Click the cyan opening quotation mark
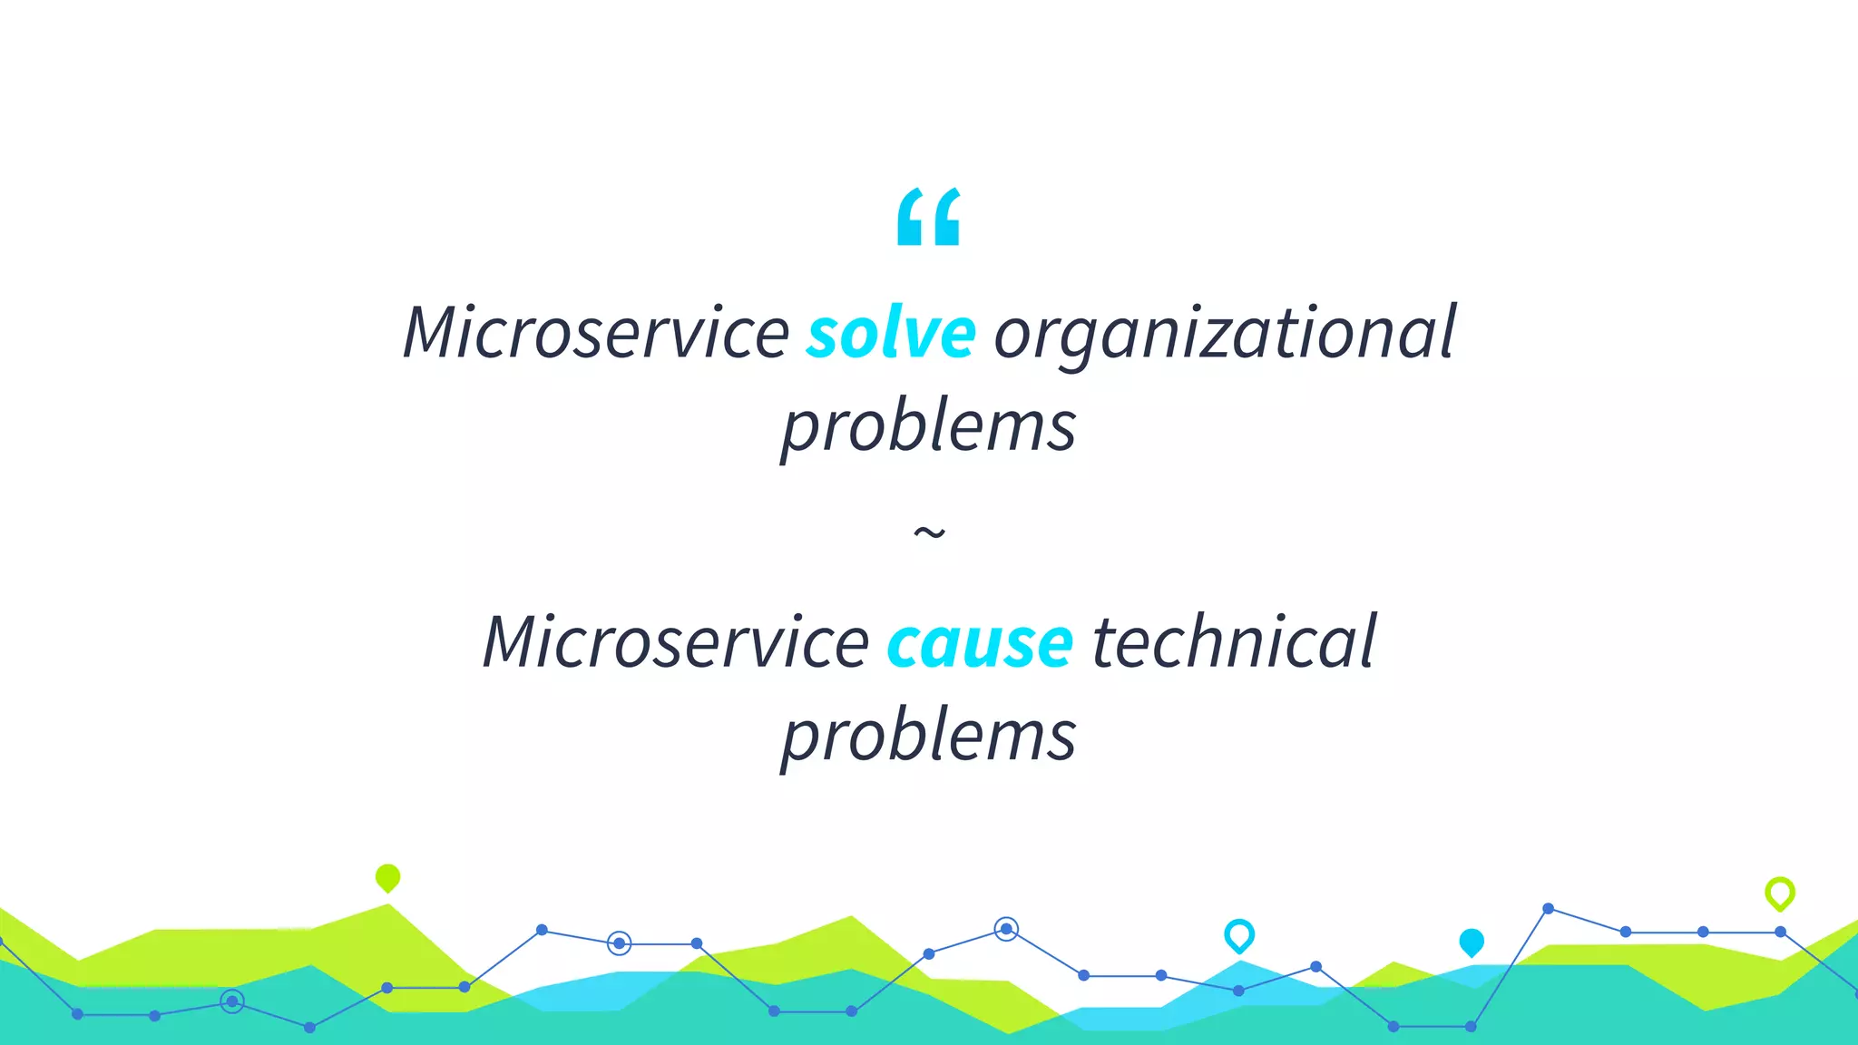click(x=928, y=218)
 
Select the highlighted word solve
click(x=891, y=333)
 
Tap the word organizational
click(x=1225, y=333)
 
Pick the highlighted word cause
click(x=980, y=643)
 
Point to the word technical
click(x=1234, y=641)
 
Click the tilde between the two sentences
click(x=929, y=532)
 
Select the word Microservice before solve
click(x=596, y=333)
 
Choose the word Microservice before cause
click(x=676, y=641)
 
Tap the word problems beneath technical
click(x=929, y=736)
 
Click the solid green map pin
click(x=387, y=877)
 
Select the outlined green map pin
click(x=1780, y=894)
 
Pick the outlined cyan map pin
click(x=1239, y=934)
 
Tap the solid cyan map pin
click(x=1472, y=942)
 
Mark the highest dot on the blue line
click(x=1549, y=908)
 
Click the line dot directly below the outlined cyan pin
click(x=1238, y=991)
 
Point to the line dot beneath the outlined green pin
click(x=1781, y=932)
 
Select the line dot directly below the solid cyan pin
click(x=1471, y=1027)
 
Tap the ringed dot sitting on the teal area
click(x=232, y=1001)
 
